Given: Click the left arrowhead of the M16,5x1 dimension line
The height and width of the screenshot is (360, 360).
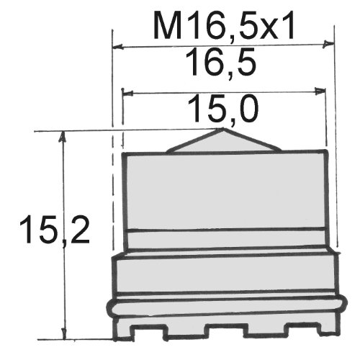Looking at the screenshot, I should tap(118, 46).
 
